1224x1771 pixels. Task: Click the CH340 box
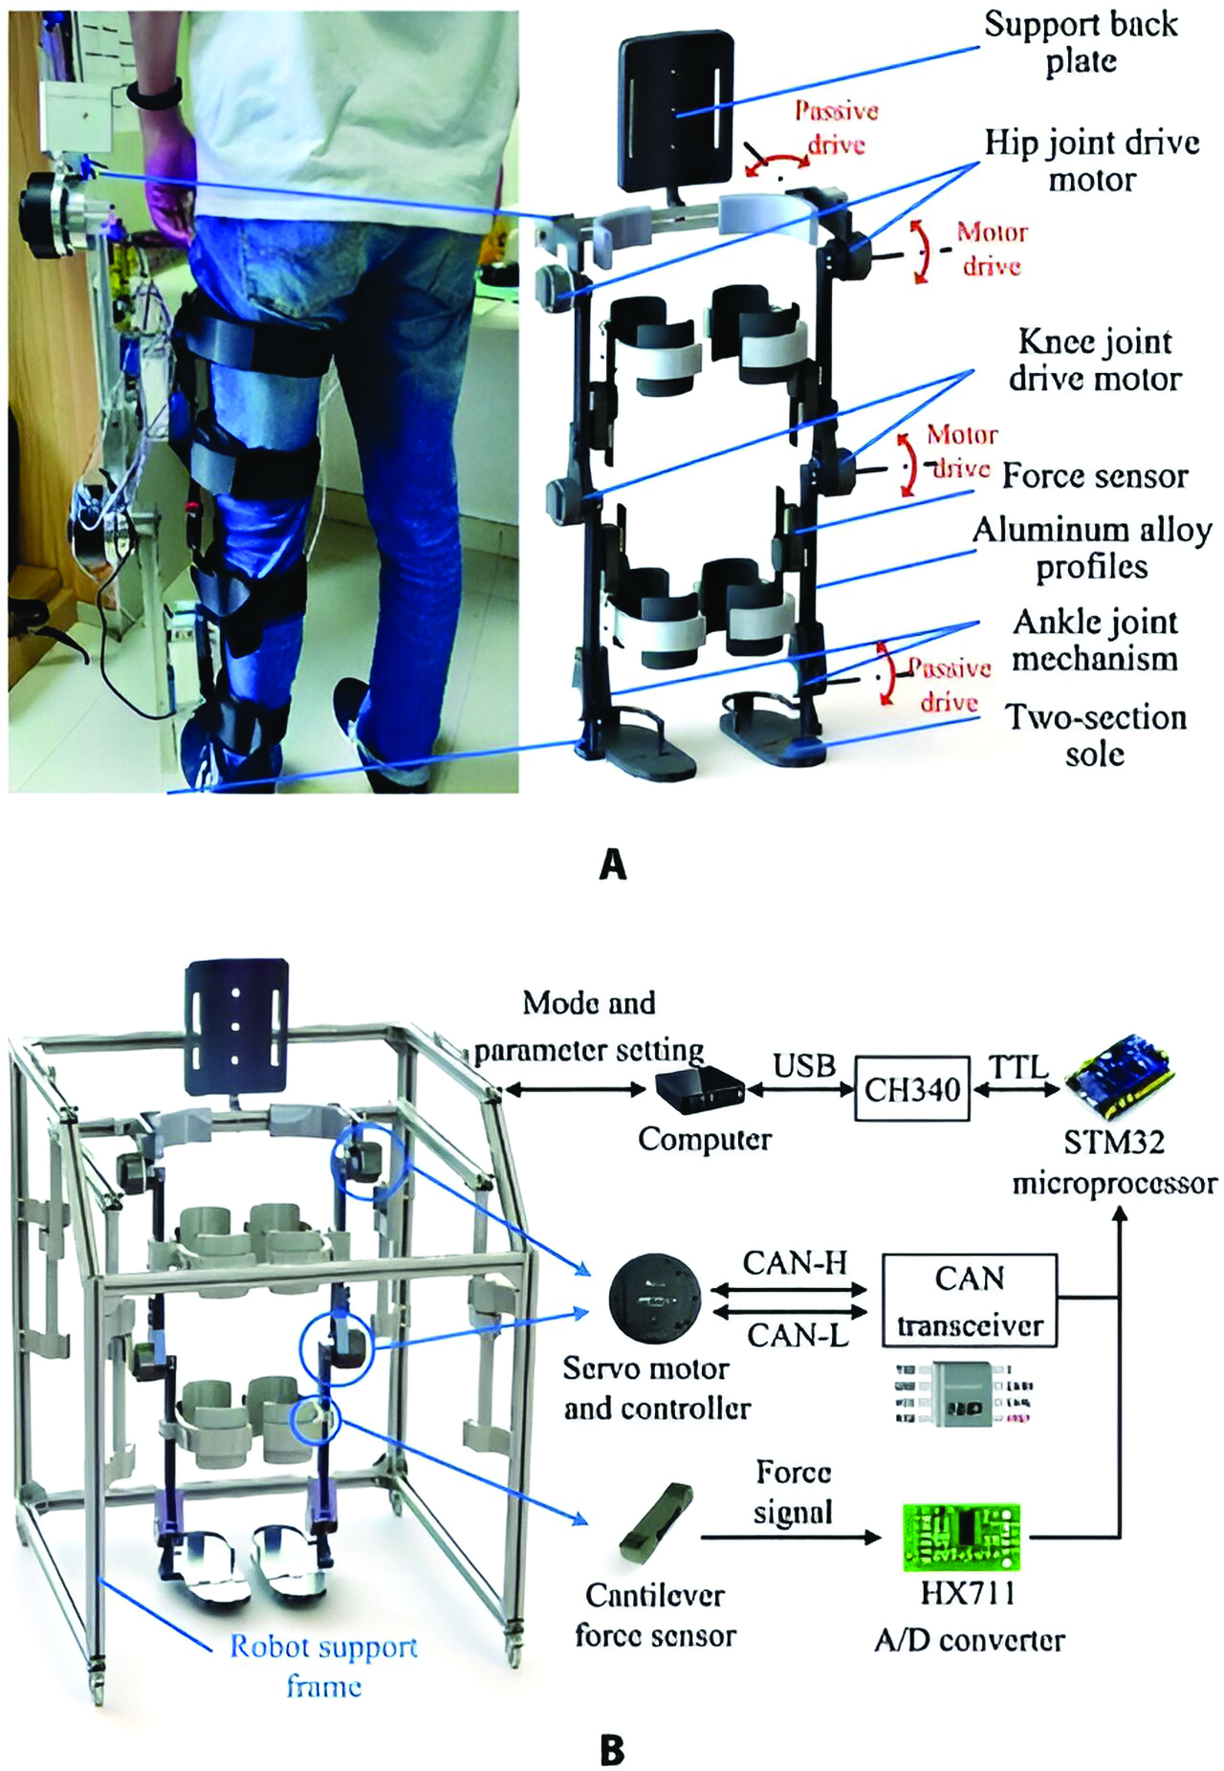point(911,1089)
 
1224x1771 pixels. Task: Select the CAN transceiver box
point(970,1301)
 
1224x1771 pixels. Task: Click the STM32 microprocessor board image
point(1120,1080)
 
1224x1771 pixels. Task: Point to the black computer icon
point(701,1090)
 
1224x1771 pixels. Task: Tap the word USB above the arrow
point(804,1064)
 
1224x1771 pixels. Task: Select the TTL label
point(1017,1065)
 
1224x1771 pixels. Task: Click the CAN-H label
point(795,1262)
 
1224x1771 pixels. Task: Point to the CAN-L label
point(798,1334)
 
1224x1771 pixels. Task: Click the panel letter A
point(612,864)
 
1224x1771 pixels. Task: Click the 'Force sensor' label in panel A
point(1095,475)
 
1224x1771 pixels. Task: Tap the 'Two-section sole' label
point(1096,735)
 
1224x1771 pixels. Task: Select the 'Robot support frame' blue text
point(323,1666)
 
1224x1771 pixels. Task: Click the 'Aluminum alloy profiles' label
point(1092,548)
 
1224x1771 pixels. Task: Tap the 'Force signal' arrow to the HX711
point(790,1538)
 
